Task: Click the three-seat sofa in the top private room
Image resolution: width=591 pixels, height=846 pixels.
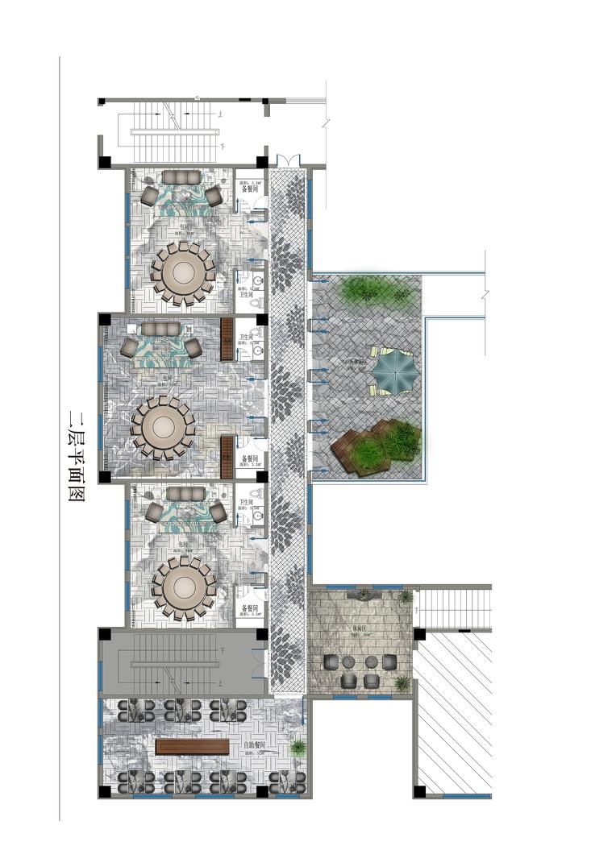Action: click(x=184, y=177)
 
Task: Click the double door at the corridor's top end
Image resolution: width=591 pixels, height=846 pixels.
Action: click(x=287, y=160)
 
